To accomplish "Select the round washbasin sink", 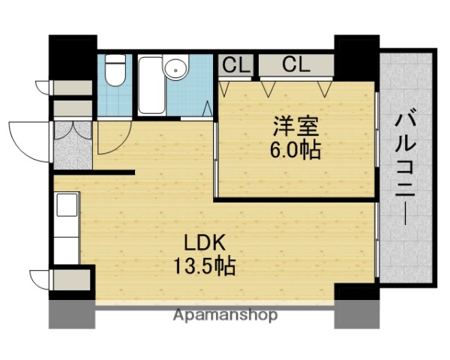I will click(x=176, y=69).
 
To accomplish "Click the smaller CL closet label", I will click(x=235, y=64).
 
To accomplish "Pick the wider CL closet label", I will click(x=295, y=64).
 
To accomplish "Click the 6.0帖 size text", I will click(x=295, y=150).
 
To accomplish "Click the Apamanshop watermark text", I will click(x=224, y=315).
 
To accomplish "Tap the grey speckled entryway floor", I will click(x=72, y=145).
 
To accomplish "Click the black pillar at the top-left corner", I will click(x=73, y=56).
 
